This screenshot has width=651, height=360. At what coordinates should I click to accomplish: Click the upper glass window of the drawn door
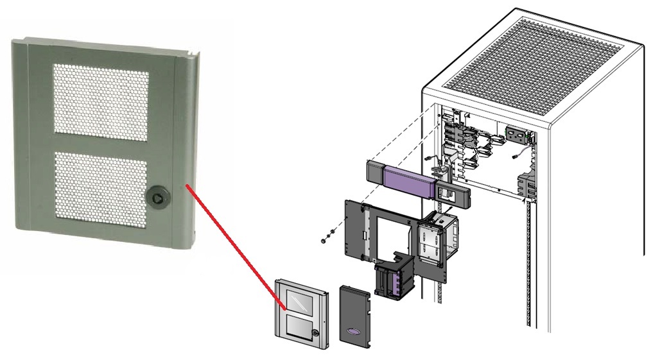click(299, 300)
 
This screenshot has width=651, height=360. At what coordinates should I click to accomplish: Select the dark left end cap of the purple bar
click(376, 171)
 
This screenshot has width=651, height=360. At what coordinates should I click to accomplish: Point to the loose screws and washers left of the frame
click(327, 234)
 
